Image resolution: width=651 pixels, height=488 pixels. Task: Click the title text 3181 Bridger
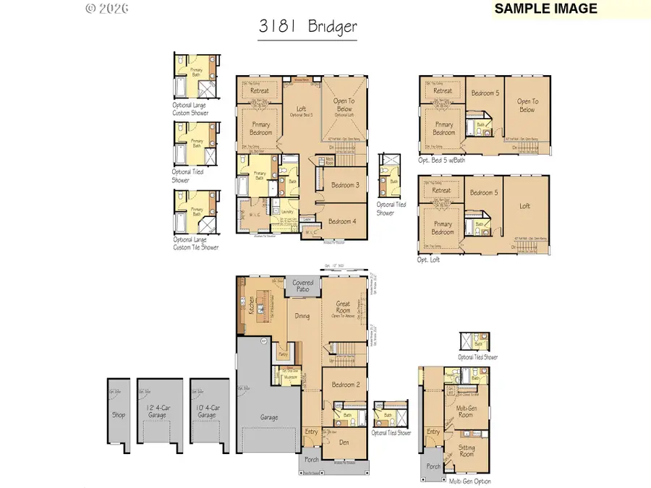(307, 27)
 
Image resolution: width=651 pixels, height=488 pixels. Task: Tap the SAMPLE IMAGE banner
(546, 9)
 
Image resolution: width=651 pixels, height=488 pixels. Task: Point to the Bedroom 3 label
(345, 186)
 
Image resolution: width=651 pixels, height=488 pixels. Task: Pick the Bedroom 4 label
(343, 221)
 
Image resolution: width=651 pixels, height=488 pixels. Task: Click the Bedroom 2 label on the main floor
(345, 385)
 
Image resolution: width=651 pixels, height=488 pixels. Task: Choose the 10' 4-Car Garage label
(207, 412)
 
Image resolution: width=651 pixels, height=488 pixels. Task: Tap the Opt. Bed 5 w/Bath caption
(441, 160)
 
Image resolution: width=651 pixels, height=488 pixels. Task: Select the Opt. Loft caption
(428, 258)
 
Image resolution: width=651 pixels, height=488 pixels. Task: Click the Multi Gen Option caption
(470, 480)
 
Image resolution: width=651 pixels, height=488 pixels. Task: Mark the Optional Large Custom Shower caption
(190, 109)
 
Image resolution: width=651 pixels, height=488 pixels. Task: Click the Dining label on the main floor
(303, 316)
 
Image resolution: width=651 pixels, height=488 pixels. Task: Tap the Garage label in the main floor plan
(268, 416)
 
